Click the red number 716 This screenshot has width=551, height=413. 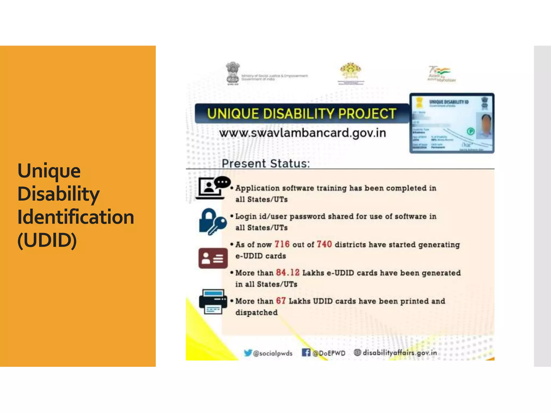[x=282, y=244]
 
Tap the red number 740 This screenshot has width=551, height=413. [x=324, y=244]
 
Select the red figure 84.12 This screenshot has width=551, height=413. [x=288, y=272]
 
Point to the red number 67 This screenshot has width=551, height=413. [x=281, y=301]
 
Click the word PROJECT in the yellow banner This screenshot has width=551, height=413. [x=367, y=113]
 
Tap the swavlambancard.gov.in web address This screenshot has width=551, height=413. [x=302, y=133]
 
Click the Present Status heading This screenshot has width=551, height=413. [x=266, y=163]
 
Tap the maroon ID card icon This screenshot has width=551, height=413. [x=213, y=258]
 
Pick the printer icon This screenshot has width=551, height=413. [x=213, y=301]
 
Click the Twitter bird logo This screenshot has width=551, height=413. [x=248, y=353]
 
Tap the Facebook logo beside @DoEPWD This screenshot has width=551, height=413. [x=306, y=352]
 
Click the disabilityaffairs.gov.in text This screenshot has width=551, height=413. [x=400, y=352]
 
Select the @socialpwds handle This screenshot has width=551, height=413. [x=273, y=353]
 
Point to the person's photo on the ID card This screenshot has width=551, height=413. [x=484, y=125]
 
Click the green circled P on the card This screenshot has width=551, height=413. [x=471, y=131]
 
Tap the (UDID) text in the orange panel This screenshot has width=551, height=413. [x=47, y=240]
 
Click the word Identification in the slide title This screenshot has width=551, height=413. [x=76, y=217]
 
